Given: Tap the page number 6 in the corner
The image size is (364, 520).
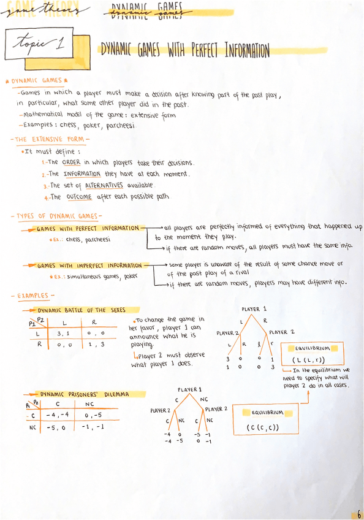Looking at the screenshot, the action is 357,513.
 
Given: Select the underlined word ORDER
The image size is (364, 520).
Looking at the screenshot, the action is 71,162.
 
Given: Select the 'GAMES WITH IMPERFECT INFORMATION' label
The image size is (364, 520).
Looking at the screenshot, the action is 90,266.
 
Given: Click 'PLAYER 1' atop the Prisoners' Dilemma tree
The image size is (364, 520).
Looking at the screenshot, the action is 190,389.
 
